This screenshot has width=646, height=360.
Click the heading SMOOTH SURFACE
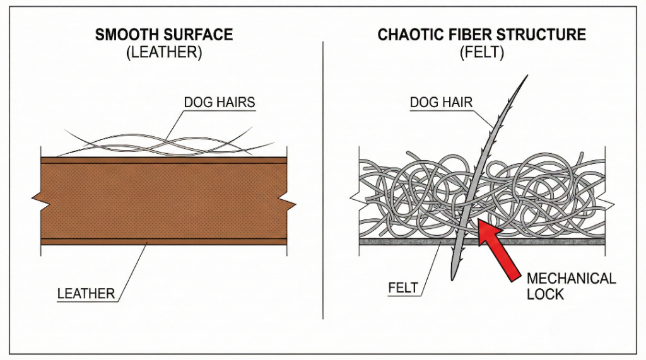[x=164, y=35]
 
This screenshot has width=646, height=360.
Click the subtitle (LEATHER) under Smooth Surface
[x=164, y=54]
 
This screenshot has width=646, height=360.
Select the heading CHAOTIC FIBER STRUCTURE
[x=481, y=35]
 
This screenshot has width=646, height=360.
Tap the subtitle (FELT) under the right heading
[x=481, y=54]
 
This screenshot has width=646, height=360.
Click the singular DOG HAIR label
[x=442, y=102]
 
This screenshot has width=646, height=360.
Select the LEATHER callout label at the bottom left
[x=86, y=293]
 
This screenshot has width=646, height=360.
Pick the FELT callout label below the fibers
[x=402, y=288]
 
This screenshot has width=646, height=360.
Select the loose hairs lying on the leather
[x=164, y=144]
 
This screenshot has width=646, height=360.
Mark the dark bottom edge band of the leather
[x=164, y=241]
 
